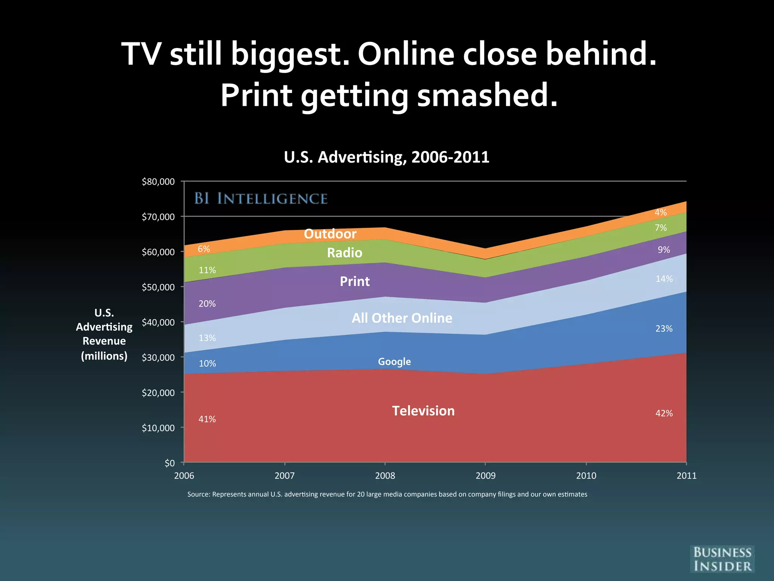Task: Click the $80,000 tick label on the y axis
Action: click(158, 182)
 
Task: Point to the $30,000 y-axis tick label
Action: click(158, 357)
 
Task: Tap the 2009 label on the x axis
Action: click(485, 475)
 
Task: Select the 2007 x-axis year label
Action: click(284, 475)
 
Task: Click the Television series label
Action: click(423, 411)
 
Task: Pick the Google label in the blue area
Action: click(394, 362)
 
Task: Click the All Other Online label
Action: click(402, 318)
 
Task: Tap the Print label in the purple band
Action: click(354, 281)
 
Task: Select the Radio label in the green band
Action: click(344, 253)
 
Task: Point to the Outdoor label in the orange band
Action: click(330, 234)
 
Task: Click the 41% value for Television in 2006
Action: click(207, 419)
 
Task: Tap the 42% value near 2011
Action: click(664, 413)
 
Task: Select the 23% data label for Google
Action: click(664, 329)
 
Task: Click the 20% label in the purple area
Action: click(207, 304)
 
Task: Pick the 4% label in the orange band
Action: click(661, 213)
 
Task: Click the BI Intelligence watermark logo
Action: click(261, 199)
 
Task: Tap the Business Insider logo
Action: click(722, 559)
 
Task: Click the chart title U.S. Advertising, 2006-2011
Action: click(387, 157)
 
